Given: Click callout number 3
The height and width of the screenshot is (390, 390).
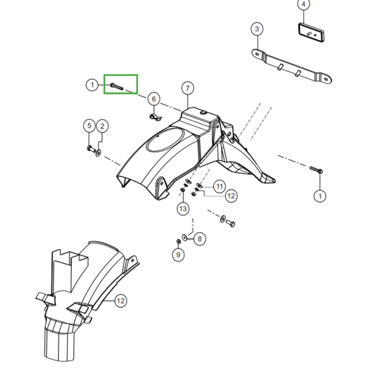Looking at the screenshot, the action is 257,29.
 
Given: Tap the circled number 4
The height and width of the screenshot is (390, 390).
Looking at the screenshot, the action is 303,4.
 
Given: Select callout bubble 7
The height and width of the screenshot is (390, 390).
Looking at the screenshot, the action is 188,88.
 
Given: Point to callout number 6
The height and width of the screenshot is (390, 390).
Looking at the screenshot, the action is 154,99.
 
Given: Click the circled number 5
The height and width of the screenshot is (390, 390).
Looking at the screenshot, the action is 89,126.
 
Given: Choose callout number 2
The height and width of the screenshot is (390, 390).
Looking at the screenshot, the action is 102,126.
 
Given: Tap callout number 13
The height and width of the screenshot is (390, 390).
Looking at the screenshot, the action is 183,209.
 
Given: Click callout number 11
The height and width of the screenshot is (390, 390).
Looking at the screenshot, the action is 219,186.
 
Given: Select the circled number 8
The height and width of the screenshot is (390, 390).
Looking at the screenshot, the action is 199,239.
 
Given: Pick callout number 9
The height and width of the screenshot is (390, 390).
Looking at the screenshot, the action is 178,254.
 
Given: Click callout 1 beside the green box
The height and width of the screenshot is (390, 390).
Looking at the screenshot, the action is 92,85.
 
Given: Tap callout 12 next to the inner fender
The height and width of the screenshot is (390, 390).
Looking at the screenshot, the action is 120,301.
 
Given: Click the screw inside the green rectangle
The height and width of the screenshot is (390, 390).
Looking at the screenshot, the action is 117,87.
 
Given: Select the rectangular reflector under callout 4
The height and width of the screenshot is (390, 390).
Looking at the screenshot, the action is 312,32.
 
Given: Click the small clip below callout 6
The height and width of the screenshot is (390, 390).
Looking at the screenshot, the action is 156,117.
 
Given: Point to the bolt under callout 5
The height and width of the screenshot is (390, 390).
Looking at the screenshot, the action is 91,149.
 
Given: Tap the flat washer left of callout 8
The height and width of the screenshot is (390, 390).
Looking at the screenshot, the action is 184,237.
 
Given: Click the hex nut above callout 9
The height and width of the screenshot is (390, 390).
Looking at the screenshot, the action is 178,241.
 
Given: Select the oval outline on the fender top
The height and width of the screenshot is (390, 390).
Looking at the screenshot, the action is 165,139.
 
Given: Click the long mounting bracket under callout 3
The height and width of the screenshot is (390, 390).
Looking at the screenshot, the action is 292,66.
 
